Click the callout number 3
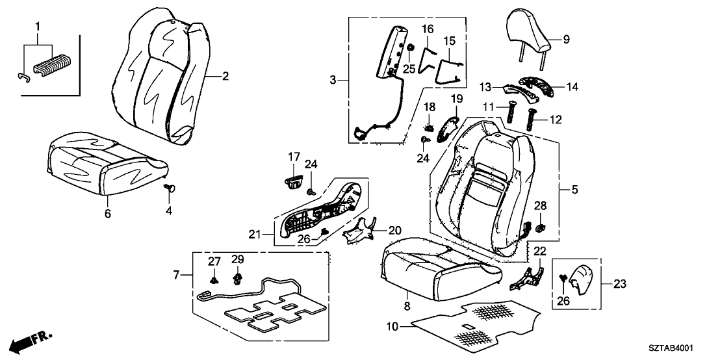pyautogui.click(x=333, y=81)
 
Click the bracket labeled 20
pyautogui.click(x=359, y=230)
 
